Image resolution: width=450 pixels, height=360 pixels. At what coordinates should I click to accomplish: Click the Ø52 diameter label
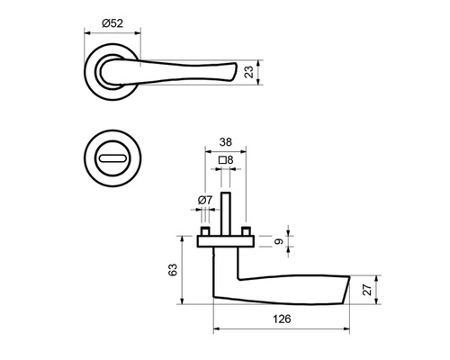pyautogui.click(x=112, y=23)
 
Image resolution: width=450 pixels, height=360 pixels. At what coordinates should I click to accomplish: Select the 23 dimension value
pyautogui.click(x=249, y=72)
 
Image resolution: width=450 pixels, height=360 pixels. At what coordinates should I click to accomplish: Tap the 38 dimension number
pyautogui.click(x=226, y=142)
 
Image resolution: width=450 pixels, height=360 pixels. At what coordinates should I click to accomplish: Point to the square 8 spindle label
pyautogui.click(x=226, y=160)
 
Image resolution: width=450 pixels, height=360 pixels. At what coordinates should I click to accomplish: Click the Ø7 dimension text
pyautogui.click(x=205, y=200)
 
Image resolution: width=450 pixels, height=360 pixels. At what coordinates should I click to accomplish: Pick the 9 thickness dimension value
pyautogui.click(x=279, y=241)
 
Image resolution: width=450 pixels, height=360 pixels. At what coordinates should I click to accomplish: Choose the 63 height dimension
pyautogui.click(x=173, y=270)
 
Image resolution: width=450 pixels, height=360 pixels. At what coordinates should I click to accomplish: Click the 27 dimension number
pyautogui.click(x=367, y=290)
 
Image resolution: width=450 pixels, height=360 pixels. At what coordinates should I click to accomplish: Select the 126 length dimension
pyautogui.click(x=282, y=319)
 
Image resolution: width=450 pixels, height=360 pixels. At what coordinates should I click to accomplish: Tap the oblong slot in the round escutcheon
pyautogui.click(x=112, y=158)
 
